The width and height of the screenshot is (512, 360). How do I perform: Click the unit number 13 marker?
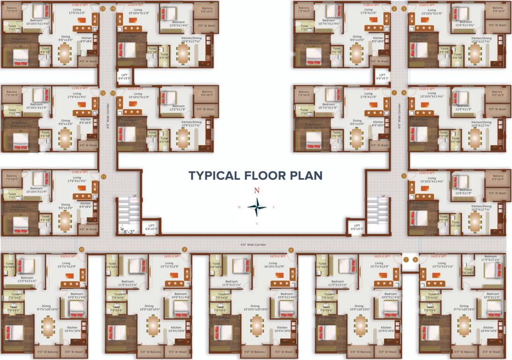click(103, 8)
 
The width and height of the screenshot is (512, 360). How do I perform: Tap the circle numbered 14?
click(113, 8)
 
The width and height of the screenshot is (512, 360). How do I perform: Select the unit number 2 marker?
click(394, 8)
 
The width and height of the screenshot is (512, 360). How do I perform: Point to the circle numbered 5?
click(404, 176)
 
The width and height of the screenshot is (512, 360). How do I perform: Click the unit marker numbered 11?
click(103, 176)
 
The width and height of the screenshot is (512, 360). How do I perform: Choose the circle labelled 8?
click(291, 250)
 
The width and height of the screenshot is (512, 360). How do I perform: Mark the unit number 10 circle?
click(82, 249)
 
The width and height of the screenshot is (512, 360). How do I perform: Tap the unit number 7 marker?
click(406, 259)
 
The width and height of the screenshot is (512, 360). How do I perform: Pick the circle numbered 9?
click(185, 249)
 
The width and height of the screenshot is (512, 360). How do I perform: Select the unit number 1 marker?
click(394, 93)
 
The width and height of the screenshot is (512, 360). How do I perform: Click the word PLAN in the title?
click(307, 176)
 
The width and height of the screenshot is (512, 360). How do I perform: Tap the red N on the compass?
click(256, 190)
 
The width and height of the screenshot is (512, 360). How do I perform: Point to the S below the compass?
click(256, 224)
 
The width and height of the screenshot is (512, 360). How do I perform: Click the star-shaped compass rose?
click(256, 207)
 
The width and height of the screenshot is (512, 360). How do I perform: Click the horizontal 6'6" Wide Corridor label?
click(253, 244)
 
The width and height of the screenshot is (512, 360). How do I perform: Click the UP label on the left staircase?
click(135, 196)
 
